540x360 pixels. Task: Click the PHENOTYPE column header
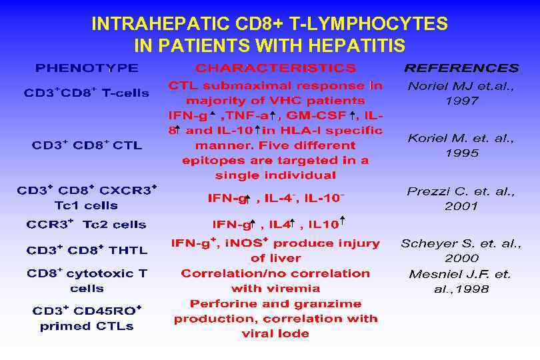pyautogui.click(x=87, y=68)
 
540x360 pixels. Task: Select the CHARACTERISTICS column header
pyautogui.click(x=275, y=68)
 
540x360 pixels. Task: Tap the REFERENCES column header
pyautogui.click(x=461, y=68)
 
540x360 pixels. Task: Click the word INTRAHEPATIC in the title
pyautogui.click(x=162, y=25)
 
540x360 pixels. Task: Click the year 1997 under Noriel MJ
pyautogui.click(x=461, y=101)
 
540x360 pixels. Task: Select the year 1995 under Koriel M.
pyautogui.click(x=461, y=153)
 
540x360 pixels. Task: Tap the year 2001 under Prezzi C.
pyautogui.click(x=461, y=206)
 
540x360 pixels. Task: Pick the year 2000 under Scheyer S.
pyautogui.click(x=461, y=258)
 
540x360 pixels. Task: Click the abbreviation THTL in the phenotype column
pyautogui.click(x=128, y=251)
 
